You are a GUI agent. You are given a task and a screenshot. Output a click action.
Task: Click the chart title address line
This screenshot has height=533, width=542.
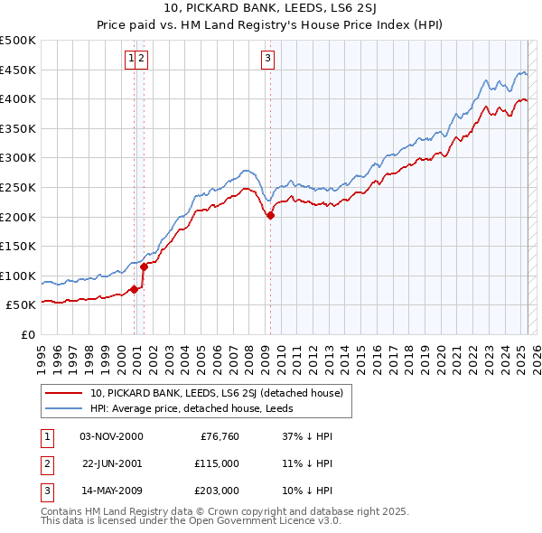tap(270, 9)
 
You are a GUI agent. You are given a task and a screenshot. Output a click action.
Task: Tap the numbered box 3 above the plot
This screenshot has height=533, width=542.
tap(268, 60)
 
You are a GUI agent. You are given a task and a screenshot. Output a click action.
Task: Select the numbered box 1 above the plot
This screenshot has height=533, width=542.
tap(132, 60)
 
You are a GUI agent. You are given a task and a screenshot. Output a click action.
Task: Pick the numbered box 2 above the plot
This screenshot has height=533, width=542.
tap(143, 60)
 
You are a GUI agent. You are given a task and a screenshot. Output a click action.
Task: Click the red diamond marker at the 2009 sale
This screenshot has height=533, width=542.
tap(270, 215)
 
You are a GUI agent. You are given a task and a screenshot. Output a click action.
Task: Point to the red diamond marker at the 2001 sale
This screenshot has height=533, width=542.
tap(144, 266)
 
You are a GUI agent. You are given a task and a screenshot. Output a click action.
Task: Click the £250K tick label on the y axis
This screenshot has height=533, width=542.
tap(18, 187)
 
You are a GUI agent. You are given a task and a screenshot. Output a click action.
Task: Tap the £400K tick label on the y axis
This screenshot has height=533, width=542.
tap(18, 98)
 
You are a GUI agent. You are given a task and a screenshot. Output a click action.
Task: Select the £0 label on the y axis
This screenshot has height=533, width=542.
tap(27, 334)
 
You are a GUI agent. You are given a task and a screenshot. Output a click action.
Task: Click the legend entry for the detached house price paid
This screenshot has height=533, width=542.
tap(216, 393)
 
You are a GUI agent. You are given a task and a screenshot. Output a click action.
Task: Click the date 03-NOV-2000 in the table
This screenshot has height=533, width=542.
tap(111, 436)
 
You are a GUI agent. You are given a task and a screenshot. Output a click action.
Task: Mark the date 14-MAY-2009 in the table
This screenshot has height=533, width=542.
tap(111, 491)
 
